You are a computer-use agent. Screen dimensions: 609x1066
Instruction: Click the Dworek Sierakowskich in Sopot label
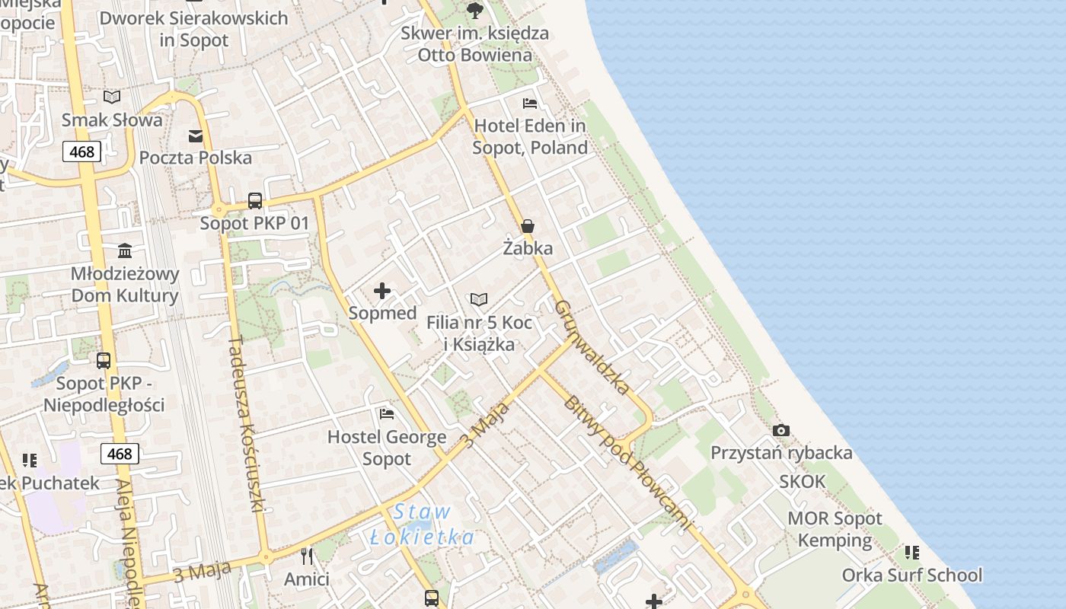click(x=194, y=29)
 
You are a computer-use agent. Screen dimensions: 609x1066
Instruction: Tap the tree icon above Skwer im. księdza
click(x=475, y=10)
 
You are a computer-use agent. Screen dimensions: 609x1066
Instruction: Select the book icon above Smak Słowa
click(x=112, y=97)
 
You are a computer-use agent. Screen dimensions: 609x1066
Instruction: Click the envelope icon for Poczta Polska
click(x=196, y=136)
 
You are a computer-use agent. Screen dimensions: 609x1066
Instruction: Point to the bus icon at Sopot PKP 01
click(x=255, y=201)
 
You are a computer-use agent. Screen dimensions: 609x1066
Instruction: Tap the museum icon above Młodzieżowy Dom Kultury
click(x=125, y=250)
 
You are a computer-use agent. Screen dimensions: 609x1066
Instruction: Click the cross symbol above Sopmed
click(x=382, y=291)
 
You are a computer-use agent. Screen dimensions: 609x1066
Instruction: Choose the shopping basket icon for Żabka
click(x=528, y=226)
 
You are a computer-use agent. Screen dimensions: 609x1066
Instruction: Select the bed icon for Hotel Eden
click(x=530, y=104)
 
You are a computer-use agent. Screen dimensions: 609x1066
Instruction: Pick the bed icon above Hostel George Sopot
click(x=387, y=414)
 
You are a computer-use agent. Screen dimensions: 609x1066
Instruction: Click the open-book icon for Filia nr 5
click(x=479, y=300)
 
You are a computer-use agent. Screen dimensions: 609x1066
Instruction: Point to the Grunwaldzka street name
click(x=593, y=348)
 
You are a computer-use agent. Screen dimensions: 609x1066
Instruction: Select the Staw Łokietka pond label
click(x=423, y=525)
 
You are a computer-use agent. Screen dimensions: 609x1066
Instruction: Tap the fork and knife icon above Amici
click(x=307, y=556)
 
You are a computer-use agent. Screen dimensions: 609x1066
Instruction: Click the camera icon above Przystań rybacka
click(x=781, y=431)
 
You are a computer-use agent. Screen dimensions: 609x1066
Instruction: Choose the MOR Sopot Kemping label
click(x=835, y=530)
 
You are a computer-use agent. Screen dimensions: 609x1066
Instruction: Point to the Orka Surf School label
click(x=912, y=575)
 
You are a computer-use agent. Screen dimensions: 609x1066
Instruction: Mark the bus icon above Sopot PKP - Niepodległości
click(x=104, y=361)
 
